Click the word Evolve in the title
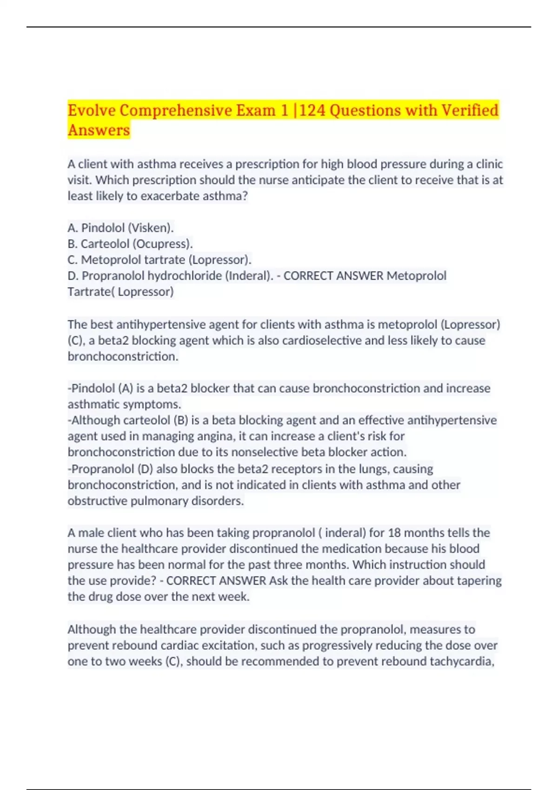[92, 111]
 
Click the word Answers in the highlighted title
[99, 130]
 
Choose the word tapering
[479, 581]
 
